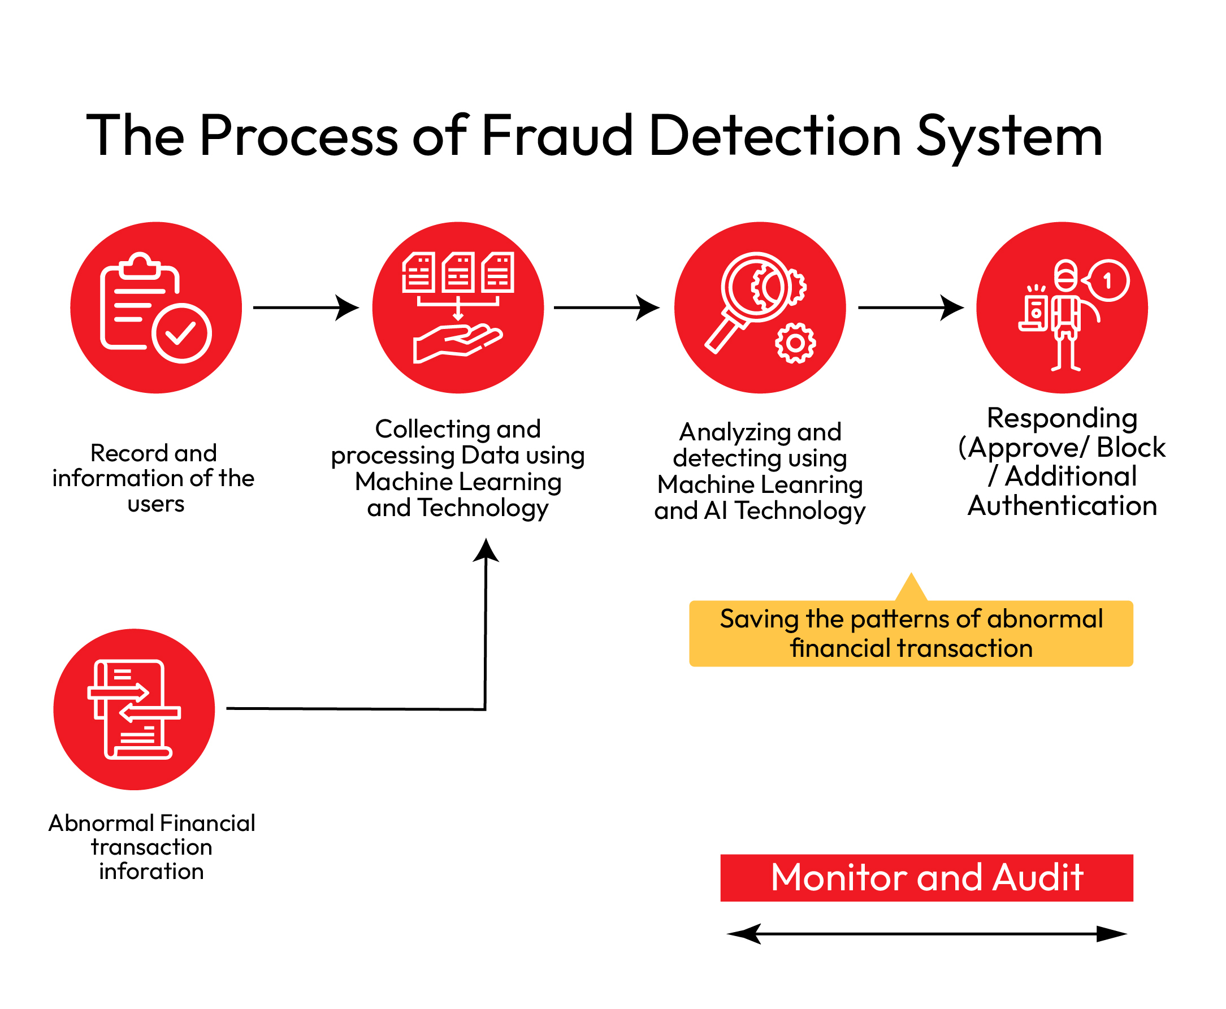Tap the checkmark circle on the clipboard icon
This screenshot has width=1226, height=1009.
click(181, 333)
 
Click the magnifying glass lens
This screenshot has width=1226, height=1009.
click(755, 286)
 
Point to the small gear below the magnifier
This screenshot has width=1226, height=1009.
click(795, 343)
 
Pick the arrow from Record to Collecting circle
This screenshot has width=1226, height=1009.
click(306, 308)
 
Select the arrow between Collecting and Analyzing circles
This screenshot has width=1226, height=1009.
click(606, 308)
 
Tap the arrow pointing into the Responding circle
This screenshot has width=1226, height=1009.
click(911, 308)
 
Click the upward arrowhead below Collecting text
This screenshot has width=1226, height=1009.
click(486, 550)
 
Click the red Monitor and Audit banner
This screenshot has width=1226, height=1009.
click(926, 877)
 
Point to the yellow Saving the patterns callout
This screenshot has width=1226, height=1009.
click(911, 633)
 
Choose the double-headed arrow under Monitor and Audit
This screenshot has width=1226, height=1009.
click(926, 934)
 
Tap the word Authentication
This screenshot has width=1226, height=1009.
click(1062, 506)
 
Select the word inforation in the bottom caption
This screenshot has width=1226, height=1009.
click(151, 871)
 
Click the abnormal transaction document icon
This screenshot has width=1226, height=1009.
click(134, 709)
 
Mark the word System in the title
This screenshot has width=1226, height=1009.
click(1010, 137)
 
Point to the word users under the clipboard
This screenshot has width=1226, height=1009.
click(155, 504)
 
